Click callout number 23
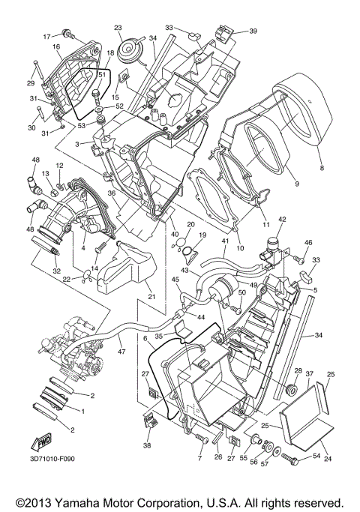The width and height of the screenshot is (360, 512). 118,28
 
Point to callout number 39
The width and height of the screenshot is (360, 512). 253,31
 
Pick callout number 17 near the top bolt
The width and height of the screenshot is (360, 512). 46,35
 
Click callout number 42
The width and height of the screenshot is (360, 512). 282,219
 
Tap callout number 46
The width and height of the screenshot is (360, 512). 307,244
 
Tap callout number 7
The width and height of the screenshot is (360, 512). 200,457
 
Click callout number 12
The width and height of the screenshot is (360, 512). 58,165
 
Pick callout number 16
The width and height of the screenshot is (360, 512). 55,46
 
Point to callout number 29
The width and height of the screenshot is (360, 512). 31,82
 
